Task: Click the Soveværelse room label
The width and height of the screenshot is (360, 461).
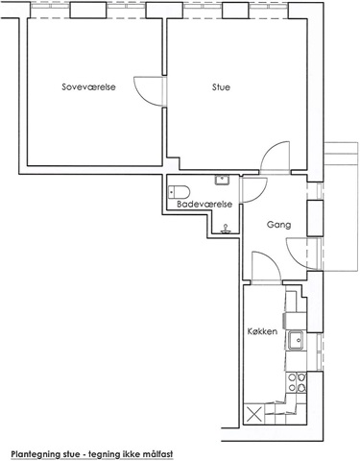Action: pos(88,86)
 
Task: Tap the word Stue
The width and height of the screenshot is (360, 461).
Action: pos(221,87)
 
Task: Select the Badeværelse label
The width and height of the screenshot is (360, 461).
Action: pos(204,205)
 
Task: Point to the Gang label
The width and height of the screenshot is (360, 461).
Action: pos(279,225)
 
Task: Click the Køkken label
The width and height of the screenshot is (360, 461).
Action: pos(262,331)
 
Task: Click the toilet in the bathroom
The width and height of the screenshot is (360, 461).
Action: pos(179,192)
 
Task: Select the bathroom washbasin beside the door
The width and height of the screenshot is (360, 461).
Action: pos(222,180)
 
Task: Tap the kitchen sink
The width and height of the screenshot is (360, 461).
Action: pos(296,341)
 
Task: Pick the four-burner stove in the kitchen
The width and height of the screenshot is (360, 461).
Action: pos(297,382)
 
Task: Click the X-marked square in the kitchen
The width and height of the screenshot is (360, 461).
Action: pos(254,414)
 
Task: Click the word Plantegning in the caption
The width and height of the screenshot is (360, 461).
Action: pos(36,454)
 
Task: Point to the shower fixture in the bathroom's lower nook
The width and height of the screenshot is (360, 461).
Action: pos(226,228)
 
